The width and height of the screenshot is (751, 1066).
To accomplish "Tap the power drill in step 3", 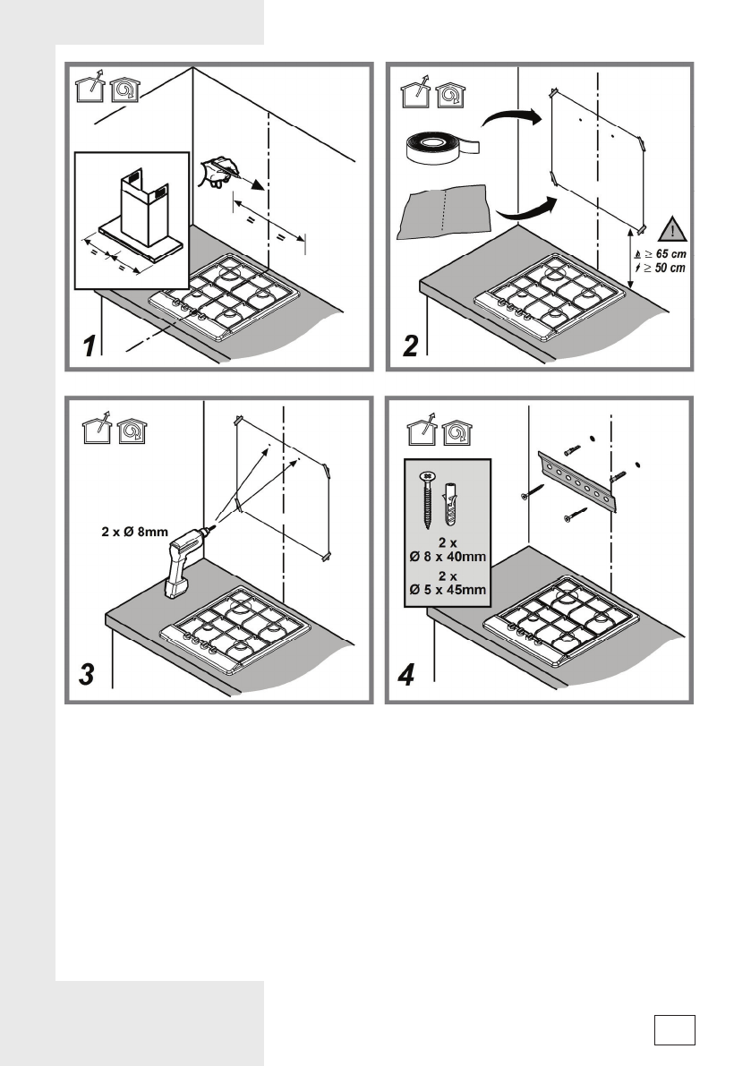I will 183,559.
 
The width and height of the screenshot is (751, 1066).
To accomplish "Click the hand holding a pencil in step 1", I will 220,170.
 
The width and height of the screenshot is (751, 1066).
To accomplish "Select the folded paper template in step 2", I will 444,216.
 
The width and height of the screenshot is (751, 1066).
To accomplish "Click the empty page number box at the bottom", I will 674,1028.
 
